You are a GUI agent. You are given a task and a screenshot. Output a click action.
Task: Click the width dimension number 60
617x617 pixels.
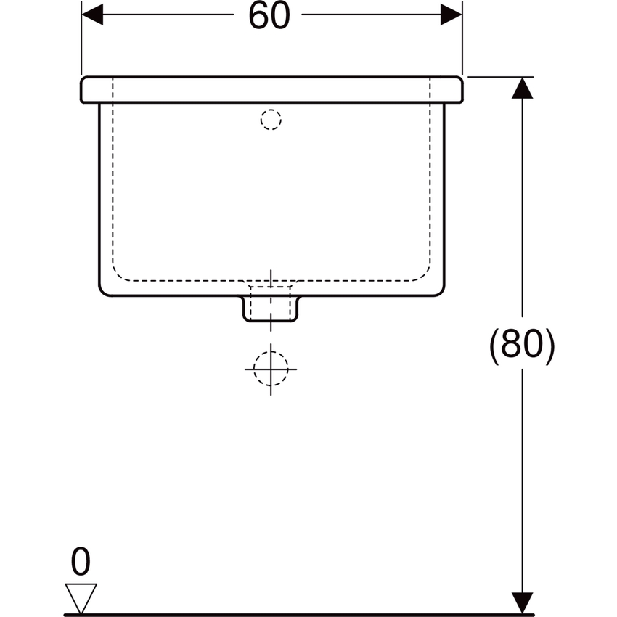click(269, 16)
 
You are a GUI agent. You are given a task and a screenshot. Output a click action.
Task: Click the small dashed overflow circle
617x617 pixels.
click(270, 119)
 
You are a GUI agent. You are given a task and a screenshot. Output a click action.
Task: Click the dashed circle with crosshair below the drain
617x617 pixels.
click(271, 368)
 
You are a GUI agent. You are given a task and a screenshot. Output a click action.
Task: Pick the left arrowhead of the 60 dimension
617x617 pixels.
click(91, 14)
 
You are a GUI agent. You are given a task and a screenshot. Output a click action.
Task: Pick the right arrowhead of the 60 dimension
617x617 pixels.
click(451, 14)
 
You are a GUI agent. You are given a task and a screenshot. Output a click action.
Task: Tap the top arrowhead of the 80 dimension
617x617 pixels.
click(523, 88)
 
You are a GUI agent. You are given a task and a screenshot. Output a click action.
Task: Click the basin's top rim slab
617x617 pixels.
click(271, 89)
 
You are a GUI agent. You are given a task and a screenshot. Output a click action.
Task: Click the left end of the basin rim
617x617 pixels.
click(83, 89)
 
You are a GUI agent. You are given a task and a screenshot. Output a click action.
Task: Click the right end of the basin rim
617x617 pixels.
click(459, 89)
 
